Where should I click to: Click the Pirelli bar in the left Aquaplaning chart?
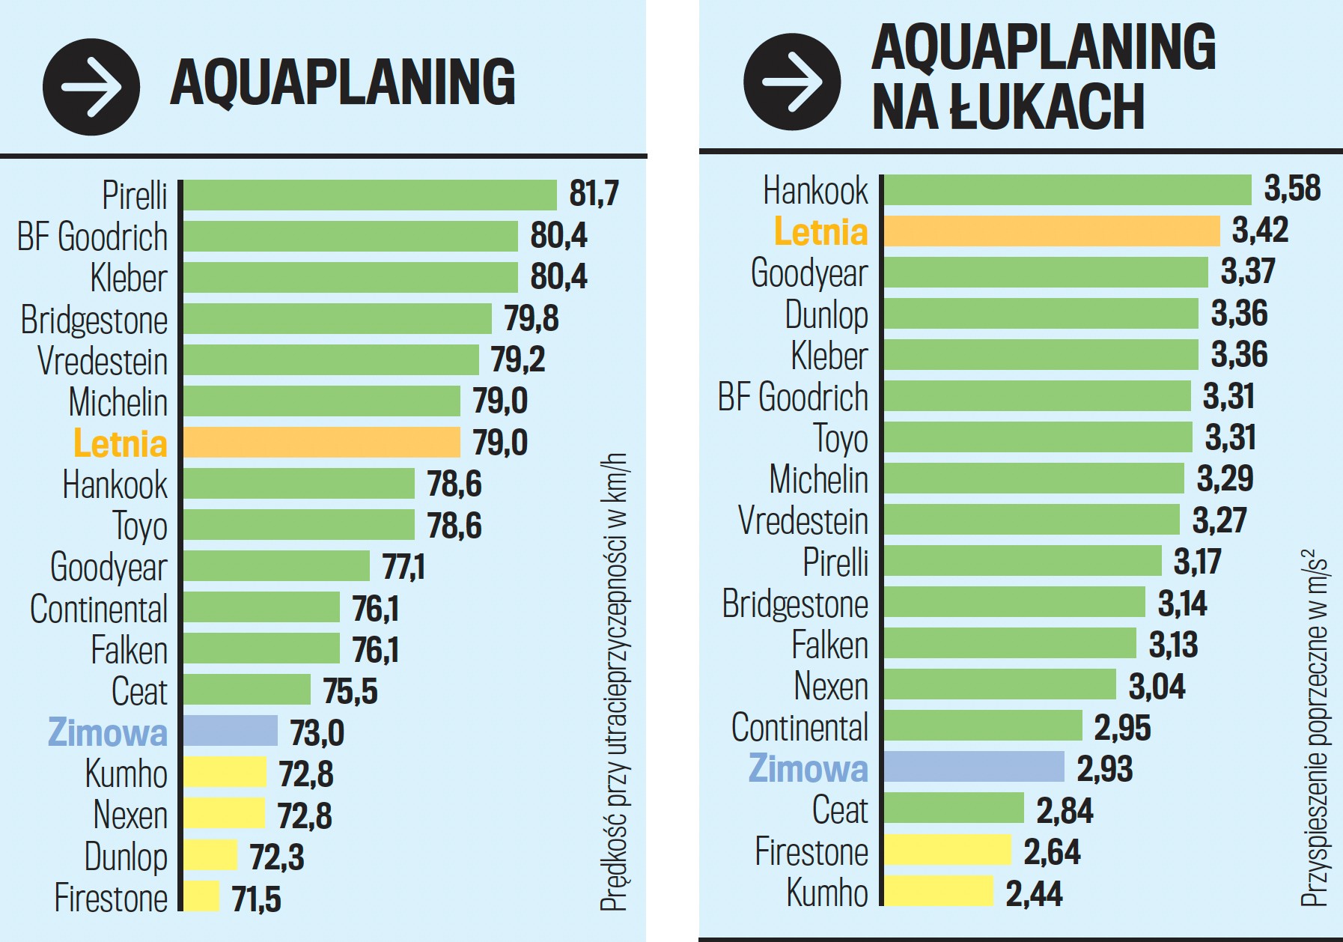coord(370,195)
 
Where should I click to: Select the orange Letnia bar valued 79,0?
coord(322,443)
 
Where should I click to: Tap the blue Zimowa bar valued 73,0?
coord(231,731)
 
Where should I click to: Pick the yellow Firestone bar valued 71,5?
coord(201,896)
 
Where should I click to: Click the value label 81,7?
coord(594,194)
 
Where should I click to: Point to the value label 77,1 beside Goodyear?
coord(403,567)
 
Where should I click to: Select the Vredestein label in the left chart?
coord(103,361)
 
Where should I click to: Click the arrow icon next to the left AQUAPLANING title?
coord(91,87)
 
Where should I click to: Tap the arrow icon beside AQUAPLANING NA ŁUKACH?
coord(792,82)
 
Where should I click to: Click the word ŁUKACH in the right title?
coord(1047,108)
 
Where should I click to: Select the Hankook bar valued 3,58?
coord(1068,189)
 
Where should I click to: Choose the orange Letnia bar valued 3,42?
coord(1052,231)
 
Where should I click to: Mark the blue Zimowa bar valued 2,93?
coord(974,767)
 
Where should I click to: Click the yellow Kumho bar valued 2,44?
coord(939,891)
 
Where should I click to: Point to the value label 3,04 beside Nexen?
coord(1157,687)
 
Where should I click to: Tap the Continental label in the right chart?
coord(800,728)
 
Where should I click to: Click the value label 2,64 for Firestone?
coord(1052,852)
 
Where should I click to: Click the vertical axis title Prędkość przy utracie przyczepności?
coord(615,681)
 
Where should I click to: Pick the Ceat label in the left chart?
coord(139,691)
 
